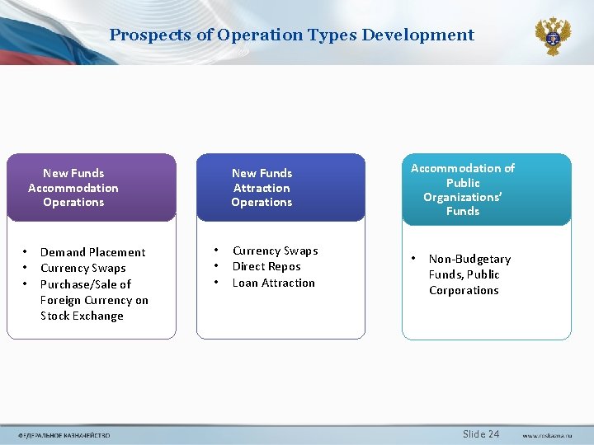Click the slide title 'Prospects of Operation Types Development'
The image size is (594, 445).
pos(291,35)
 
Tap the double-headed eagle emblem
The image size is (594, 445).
pos(552,36)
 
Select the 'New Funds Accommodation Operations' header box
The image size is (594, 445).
pos(73,188)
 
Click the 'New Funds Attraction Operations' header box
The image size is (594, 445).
pos(262,188)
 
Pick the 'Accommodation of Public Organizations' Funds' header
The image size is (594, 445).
pos(463,190)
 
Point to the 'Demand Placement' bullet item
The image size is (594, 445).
pos(92,252)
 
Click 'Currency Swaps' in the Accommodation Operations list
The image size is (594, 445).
pos(82,268)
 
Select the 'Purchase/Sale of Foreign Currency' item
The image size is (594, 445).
pos(94,292)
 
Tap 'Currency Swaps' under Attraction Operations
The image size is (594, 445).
pos(275,251)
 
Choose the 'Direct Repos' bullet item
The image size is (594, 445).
pos(266,266)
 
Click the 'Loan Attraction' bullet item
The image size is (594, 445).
pos(273,283)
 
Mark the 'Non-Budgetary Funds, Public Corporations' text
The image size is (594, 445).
pos(469,274)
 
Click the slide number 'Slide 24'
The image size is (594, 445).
pos(481,434)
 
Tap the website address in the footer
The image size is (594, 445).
pos(547,435)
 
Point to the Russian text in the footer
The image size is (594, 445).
pos(64,435)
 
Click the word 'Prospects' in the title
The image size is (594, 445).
pos(145,35)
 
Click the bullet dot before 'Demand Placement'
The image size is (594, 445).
pos(26,252)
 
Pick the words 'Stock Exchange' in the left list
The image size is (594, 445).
pos(82,316)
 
